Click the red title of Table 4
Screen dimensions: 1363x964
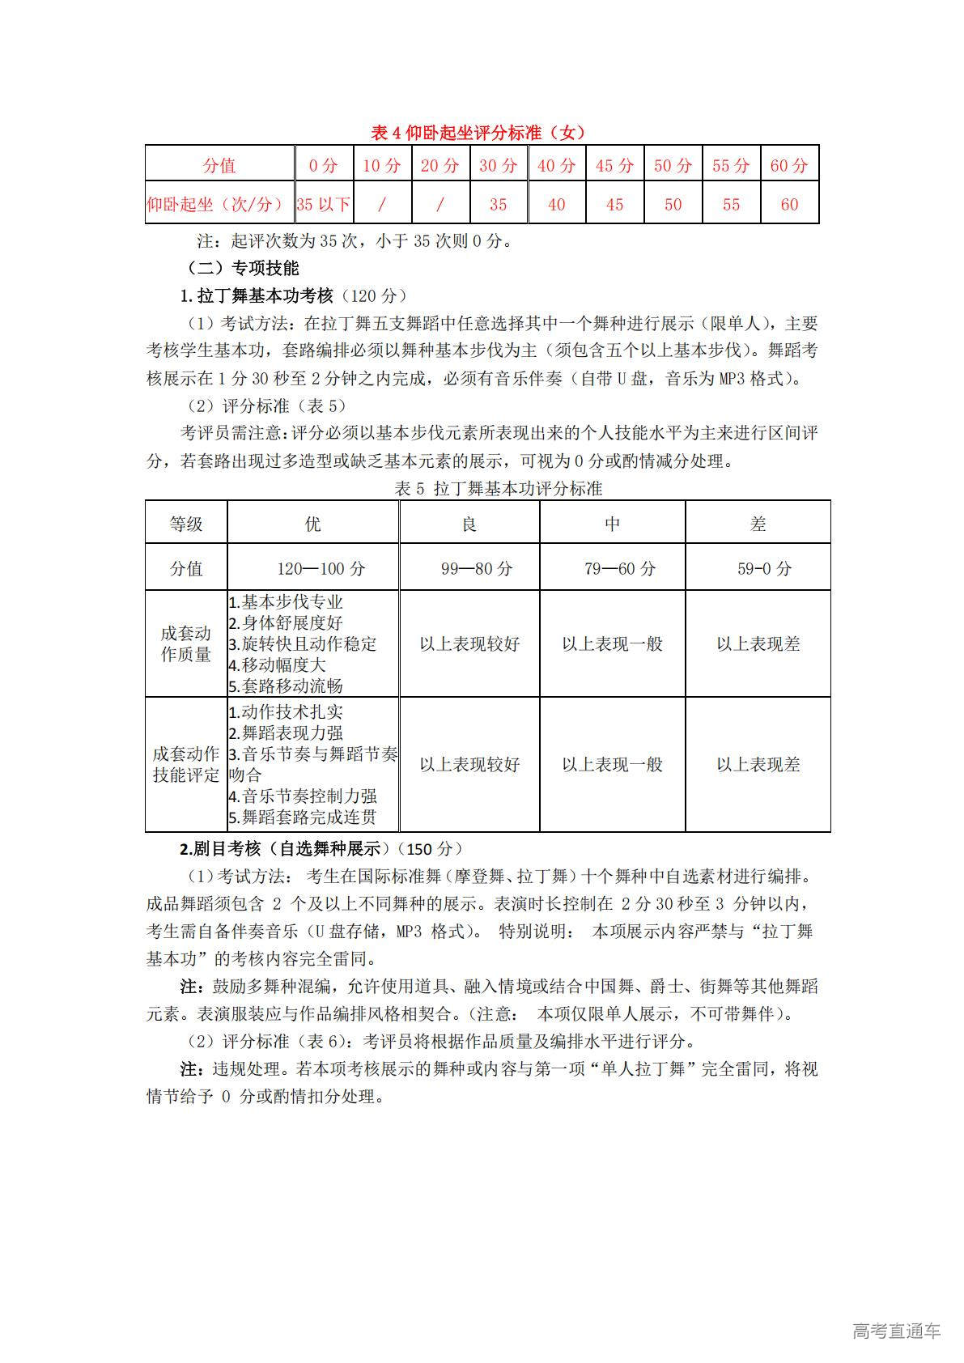click(478, 133)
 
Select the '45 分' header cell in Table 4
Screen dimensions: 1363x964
click(614, 166)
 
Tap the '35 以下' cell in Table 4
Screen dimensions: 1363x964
click(324, 205)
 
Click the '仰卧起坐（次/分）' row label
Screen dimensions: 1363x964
click(219, 205)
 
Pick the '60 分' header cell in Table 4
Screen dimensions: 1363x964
click(789, 166)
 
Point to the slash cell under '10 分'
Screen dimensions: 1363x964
click(382, 205)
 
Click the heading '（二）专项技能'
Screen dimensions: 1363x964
click(243, 268)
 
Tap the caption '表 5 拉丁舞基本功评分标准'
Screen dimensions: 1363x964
click(498, 489)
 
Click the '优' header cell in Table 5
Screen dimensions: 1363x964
click(312, 524)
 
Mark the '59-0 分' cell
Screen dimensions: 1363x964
click(758, 569)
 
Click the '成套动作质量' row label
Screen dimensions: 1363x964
click(186, 644)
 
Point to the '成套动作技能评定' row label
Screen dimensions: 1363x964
click(186, 765)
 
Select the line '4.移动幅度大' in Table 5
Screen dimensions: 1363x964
click(277, 665)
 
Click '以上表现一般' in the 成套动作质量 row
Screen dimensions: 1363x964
click(612, 644)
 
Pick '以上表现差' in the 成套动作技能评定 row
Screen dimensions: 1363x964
click(758, 765)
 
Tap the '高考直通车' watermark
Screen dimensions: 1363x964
click(896, 1331)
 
